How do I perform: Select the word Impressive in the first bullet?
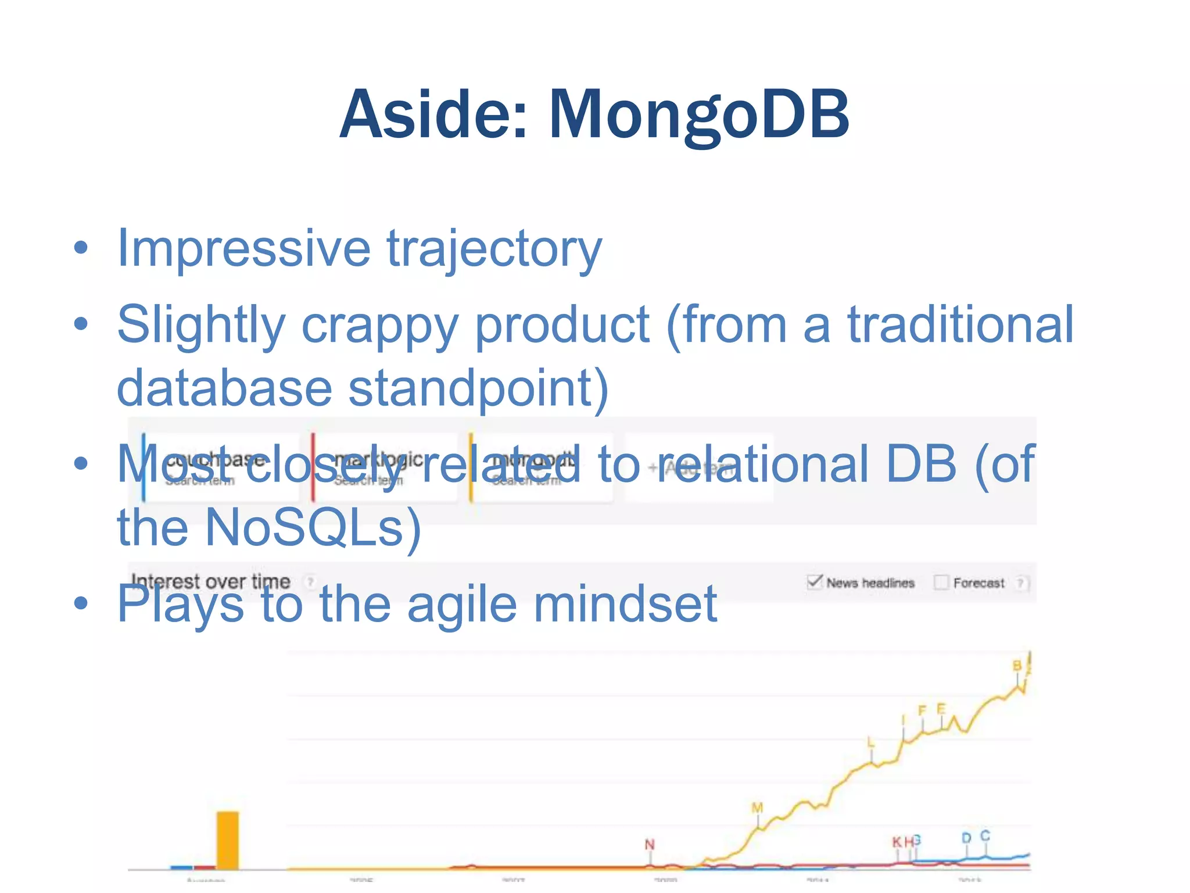point(243,249)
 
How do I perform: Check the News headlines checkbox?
point(815,582)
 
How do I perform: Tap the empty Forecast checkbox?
point(941,582)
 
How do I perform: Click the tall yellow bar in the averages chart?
point(227,841)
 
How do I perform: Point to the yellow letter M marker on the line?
point(757,808)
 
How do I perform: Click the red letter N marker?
point(650,845)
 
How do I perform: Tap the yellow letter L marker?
point(870,742)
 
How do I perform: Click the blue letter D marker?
point(966,838)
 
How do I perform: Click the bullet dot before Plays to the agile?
point(81,603)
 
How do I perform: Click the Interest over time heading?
point(210,581)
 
